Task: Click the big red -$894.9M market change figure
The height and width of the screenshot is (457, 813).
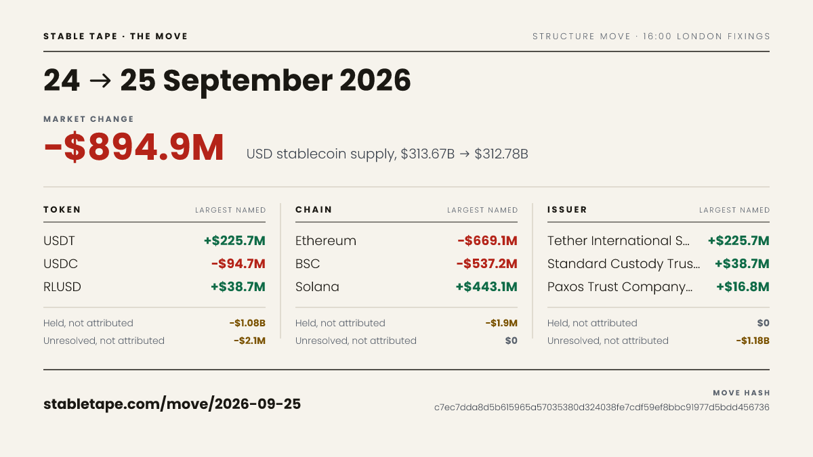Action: pyautogui.click(x=133, y=147)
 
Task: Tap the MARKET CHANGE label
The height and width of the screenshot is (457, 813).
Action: pyautogui.click(x=89, y=119)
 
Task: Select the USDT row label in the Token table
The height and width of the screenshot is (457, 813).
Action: pyautogui.click(x=59, y=241)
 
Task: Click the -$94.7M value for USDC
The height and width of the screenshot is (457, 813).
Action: pyautogui.click(x=238, y=263)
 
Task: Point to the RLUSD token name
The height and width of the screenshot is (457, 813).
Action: pyautogui.click(x=62, y=287)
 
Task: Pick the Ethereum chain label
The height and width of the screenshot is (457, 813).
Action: pyautogui.click(x=326, y=241)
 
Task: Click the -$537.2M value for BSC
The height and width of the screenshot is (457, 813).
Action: pyautogui.click(x=486, y=263)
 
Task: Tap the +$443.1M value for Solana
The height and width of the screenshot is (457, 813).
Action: pyautogui.click(x=486, y=287)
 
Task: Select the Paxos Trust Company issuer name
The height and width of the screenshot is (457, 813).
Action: pyautogui.click(x=620, y=287)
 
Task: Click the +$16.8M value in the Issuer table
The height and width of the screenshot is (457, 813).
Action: pyautogui.click(x=743, y=287)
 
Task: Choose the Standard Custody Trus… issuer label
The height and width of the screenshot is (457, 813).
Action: pyautogui.click(x=623, y=263)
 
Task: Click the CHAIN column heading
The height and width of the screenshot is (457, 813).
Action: pyautogui.click(x=314, y=210)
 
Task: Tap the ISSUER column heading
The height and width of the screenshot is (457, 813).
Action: pyautogui.click(x=567, y=210)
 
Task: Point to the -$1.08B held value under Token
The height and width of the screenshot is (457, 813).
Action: pyautogui.click(x=247, y=323)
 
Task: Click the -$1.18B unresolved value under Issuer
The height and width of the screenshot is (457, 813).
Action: pyautogui.click(x=753, y=341)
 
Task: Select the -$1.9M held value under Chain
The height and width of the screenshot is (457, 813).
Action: pyautogui.click(x=501, y=323)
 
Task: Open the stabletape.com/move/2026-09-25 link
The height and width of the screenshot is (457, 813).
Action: pyautogui.click(x=172, y=404)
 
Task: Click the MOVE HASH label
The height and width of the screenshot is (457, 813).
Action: pyautogui.click(x=741, y=393)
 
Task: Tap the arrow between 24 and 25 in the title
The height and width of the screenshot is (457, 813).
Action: pyautogui.click(x=100, y=81)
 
